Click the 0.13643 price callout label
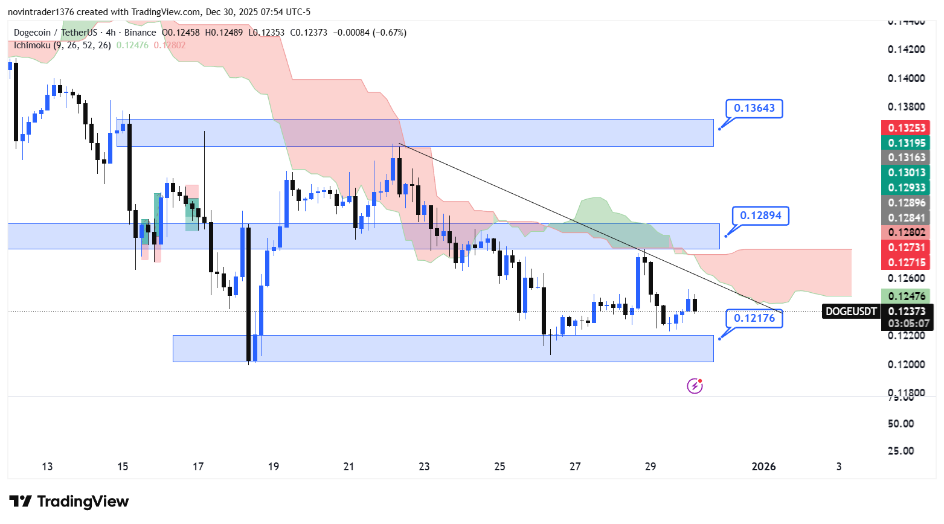[x=754, y=109]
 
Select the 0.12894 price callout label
[x=760, y=216]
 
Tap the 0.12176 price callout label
[x=754, y=318]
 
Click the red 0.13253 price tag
[x=905, y=127]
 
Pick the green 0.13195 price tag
[x=905, y=142]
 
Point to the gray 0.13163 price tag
[x=905, y=158]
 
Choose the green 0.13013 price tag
[x=905, y=173]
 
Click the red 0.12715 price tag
[x=905, y=263]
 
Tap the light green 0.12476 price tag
[x=905, y=296]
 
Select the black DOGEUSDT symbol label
[x=851, y=312]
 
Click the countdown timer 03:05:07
[x=908, y=324]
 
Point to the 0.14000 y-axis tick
[x=905, y=78]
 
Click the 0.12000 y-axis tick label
[x=905, y=365]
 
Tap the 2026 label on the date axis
[x=763, y=467]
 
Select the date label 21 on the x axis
[x=348, y=467]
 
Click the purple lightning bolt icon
[x=695, y=386]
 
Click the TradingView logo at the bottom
[x=69, y=502]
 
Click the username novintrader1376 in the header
[x=40, y=12]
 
